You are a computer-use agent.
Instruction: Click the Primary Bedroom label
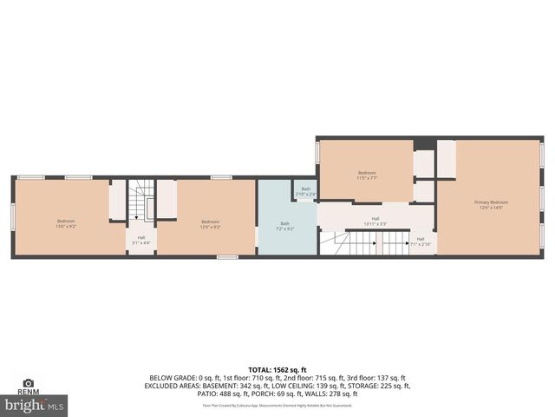(x=490, y=204)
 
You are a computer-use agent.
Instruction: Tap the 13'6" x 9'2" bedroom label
(x=66, y=223)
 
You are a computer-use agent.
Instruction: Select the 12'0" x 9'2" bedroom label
(x=211, y=223)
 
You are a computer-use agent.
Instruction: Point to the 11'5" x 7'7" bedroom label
(x=367, y=175)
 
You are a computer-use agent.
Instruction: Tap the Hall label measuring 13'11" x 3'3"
(x=375, y=221)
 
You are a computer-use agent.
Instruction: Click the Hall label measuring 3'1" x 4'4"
(x=140, y=239)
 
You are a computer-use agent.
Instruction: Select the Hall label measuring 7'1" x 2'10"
(x=421, y=241)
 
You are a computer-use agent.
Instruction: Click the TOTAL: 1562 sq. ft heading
(x=278, y=370)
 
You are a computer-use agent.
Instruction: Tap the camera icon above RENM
(x=28, y=382)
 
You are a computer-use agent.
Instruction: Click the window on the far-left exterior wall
(x=13, y=217)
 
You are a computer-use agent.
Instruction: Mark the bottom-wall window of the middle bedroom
(x=227, y=256)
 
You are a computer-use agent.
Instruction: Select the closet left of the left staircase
(x=117, y=200)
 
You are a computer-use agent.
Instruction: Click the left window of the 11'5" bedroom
(x=317, y=153)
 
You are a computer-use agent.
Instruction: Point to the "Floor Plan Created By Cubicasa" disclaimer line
(x=278, y=405)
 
